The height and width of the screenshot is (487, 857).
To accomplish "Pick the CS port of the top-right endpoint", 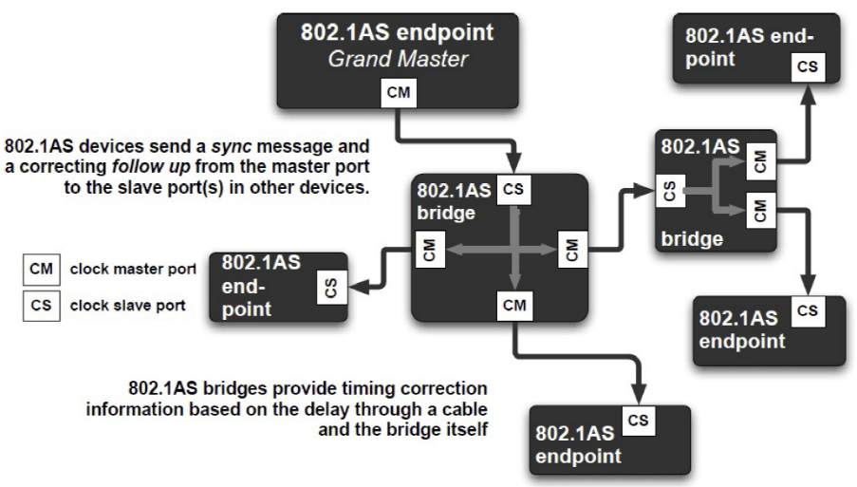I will pos(807,67).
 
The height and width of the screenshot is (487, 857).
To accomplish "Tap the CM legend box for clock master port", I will pos(41,270).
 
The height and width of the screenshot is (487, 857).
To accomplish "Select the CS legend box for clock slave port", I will pos(41,306).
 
